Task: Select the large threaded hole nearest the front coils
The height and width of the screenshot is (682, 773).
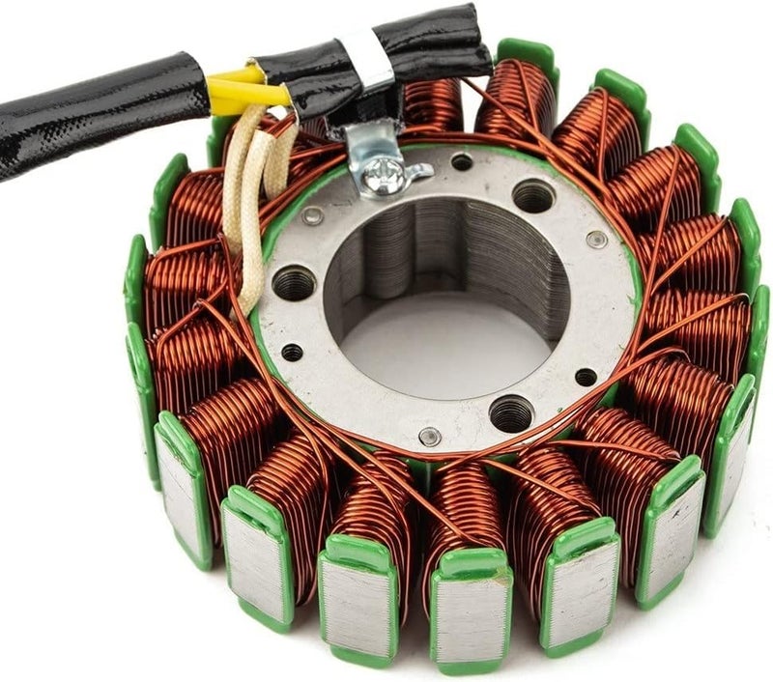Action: point(511,413)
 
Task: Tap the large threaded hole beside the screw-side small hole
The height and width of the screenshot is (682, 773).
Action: point(533,197)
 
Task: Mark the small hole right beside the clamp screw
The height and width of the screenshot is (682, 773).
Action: point(462,162)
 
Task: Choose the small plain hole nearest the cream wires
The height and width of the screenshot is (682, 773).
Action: point(291,352)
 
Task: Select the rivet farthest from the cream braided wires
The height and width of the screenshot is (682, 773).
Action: point(598,238)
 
